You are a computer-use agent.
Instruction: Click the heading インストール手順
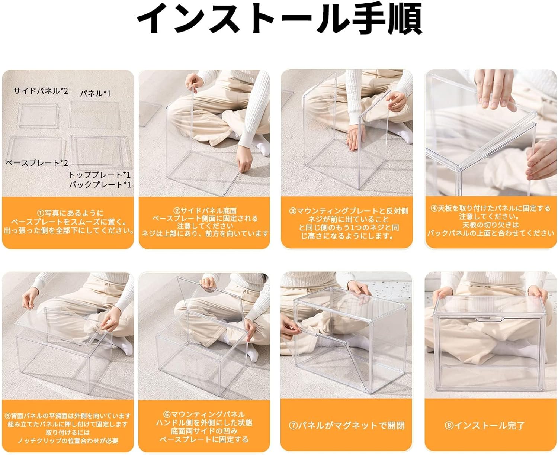[x=279, y=19]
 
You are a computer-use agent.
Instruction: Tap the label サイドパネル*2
[x=41, y=91]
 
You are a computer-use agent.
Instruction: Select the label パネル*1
[x=96, y=93]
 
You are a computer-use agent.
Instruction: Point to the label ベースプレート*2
[x=37, y=162]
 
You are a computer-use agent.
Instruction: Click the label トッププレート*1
[x=100, y=175]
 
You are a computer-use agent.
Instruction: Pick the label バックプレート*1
[x=100, y=184]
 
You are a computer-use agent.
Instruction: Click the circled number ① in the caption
[x=41, y=213]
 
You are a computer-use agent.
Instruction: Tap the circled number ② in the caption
[x=176, y=211]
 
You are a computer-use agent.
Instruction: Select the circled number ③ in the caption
[x=293, y=211]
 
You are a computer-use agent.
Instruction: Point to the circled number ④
[x=434, y=208]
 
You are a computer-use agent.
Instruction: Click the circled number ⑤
[x=8, y=416]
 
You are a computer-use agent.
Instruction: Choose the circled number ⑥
[x=167, y=414]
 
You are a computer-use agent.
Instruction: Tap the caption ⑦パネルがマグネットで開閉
[x=347, y=425]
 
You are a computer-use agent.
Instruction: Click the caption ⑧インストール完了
[x=484, y=425]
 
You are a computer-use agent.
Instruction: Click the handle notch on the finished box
[x=489, y=319]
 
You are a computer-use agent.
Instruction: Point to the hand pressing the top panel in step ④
[x=494, y=90]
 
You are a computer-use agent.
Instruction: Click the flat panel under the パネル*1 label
[x=95, y=115]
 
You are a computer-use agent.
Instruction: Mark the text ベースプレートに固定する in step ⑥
[x=204, y=439]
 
